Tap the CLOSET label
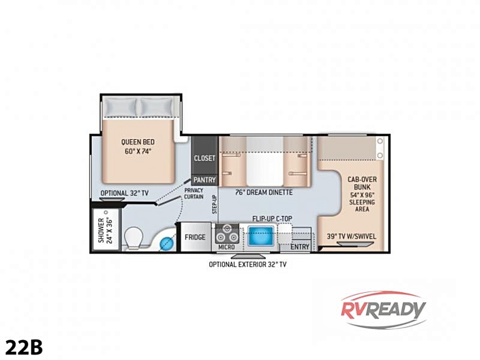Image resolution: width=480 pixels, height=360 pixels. pos(204,158)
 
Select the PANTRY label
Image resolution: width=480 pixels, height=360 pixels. pos(204,180)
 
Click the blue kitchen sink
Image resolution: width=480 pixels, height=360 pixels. pos(261,236)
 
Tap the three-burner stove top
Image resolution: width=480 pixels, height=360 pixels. pos(227,234)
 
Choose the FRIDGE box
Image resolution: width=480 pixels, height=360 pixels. pos(195,237)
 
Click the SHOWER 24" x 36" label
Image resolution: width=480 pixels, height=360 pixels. pos(105,230)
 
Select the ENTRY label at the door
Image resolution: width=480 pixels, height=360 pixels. pos(300,247)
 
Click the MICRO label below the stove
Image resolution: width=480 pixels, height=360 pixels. pos(227,247)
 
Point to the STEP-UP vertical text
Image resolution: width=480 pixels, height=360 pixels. pos(215,204)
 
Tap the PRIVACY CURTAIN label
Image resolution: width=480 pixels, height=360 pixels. pos(194,193)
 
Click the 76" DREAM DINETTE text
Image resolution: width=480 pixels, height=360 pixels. pos(264,192)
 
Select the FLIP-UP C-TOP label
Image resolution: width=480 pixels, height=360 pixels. pos(272,219)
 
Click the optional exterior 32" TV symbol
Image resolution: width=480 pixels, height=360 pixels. pos(248,256)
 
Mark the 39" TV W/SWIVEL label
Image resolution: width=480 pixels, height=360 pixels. pos(351,236)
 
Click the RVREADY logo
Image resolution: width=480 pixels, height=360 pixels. pos(383,310)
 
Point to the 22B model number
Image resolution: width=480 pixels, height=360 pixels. pos(24,347)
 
